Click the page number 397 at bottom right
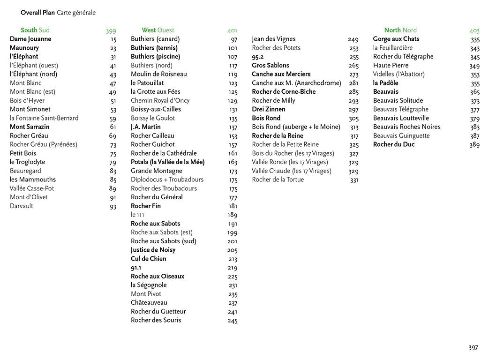473,347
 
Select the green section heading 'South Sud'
35,30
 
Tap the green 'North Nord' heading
400,30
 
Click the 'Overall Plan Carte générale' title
58,13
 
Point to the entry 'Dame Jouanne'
30,39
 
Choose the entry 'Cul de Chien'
148,259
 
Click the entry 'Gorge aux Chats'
396,39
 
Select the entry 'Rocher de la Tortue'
278,180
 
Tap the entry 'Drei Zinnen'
268,109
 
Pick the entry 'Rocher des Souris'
156,320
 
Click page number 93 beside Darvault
113,207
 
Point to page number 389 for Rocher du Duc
474,145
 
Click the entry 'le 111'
137,215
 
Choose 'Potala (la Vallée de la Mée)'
167,162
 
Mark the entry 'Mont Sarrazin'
30,127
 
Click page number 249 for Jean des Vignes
353,40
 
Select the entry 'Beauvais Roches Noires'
406,127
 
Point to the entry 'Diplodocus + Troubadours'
167,180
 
